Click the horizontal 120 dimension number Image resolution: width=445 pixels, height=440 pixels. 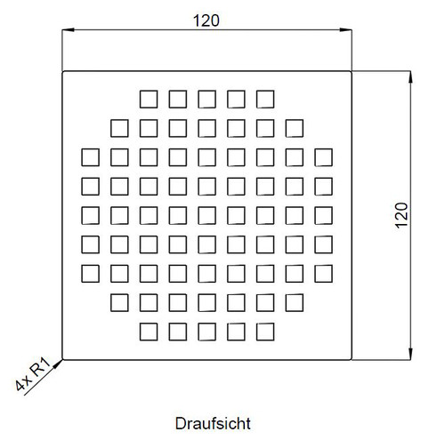click(x=206, y=20)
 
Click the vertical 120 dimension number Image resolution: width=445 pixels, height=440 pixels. click(x=401, y=215)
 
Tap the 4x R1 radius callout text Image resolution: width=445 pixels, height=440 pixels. click(x=33, y=374)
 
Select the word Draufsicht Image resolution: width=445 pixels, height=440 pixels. click(x=213, y=423)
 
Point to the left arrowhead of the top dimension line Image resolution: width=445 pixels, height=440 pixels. click(x=68, y=30)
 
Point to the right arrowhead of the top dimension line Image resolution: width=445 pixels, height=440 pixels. click(x=346, y=30)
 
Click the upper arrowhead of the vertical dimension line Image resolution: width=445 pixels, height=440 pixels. click(x=410, y=77)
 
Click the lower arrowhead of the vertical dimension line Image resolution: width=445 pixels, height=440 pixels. click(x=410, y=354)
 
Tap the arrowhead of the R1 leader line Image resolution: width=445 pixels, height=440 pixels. click(x=58, y=364)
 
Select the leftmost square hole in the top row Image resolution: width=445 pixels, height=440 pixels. click(x=149, y=100)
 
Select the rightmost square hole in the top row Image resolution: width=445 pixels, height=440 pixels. click(x=265, y=100)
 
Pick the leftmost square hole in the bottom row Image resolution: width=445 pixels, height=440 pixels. click(x=149, y=332)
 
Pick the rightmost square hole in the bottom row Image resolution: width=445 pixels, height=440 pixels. click(x=265, y=332)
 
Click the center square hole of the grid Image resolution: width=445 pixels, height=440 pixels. click(x=206, y=215)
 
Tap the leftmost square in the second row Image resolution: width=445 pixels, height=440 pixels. click(x=119, y=128)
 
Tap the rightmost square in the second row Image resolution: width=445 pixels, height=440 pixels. click(x=295, y=128)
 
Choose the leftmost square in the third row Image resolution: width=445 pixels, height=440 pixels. click(x=91, y=157)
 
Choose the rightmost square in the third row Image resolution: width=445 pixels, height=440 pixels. click(x=323, y=157)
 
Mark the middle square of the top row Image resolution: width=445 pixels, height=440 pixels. click(x=206, y=100)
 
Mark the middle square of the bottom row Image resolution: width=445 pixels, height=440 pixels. click(x=206, y=332)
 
